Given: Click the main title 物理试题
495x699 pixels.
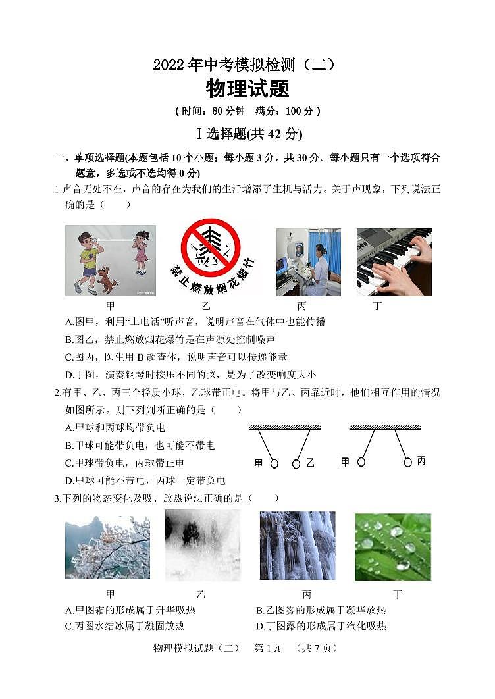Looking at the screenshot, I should coord(247,88).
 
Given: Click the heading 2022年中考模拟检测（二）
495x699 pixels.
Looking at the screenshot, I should coord(247,65).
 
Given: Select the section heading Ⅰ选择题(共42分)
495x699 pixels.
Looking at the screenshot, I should coord(247,134).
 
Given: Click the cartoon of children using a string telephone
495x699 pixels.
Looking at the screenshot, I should coord(111,261).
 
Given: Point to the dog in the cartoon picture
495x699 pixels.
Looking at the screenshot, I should coord(107,279).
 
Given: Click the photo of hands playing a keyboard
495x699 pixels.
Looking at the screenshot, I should coord(394,262).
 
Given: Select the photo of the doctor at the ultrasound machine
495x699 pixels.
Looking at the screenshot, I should coord(308,262).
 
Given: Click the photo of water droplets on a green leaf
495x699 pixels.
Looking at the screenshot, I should coord(393,546).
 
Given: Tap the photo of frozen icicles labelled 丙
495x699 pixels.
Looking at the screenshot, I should coord(298,545).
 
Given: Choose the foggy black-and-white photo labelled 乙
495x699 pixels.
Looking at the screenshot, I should coord(203,545).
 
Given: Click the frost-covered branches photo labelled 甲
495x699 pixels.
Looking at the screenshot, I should coord(107,546).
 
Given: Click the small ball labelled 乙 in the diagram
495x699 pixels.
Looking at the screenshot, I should coord(296,464).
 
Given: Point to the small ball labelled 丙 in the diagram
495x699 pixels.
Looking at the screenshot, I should coord(408,462).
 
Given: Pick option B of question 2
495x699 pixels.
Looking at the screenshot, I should coord(140,446).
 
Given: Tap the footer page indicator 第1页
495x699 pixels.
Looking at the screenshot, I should coord(267,648).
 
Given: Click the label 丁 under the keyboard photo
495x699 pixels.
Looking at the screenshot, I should coord(378,306).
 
